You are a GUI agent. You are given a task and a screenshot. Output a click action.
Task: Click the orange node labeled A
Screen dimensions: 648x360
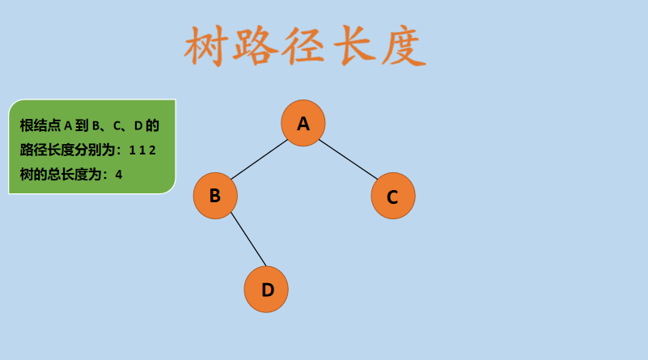[x=303, y=123]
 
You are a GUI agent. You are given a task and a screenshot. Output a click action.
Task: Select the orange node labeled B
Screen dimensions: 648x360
[x=215, y=196]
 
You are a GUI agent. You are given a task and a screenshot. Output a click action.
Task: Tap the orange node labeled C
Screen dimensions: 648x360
[x=393, y=197]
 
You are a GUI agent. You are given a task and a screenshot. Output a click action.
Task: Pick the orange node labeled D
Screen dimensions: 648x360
[x=267, y=290]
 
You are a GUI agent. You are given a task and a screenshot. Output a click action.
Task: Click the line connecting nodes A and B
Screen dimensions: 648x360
[x=259, y=159]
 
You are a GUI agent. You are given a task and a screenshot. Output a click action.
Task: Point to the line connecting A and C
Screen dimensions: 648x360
[x=348, y=159]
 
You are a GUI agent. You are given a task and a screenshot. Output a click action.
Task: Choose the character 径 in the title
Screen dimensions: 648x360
[x=304, y=47]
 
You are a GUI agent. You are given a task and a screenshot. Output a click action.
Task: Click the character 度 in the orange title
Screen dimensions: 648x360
[x=401, y=47]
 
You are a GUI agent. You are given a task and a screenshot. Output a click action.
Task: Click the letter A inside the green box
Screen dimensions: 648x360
[x=68, y=125]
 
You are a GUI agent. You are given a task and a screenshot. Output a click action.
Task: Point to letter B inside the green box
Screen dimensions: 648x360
[x=96, y=125]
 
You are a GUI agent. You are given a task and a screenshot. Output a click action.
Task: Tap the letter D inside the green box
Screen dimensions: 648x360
[x=138, y=125]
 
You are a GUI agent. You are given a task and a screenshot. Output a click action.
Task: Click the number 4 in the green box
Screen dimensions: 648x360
[x=119, y=174]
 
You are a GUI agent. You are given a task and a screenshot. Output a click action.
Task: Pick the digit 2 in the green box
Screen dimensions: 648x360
[x=151, y=150]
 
